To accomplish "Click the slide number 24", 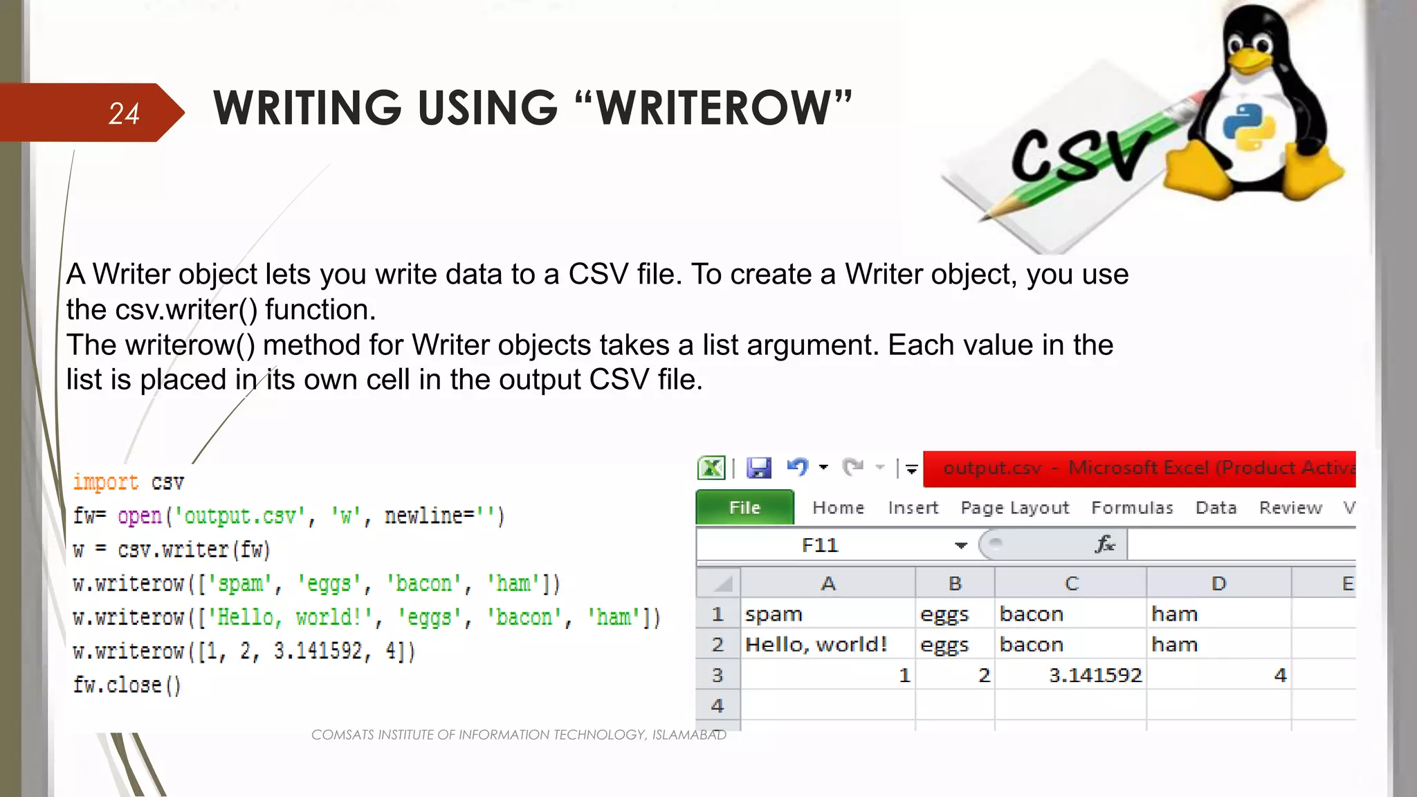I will (124, 113).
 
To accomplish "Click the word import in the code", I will (106, 482).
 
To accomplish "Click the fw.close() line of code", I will (127, 685).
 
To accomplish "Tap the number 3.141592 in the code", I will (318, 651).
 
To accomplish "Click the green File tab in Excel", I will (744, 508).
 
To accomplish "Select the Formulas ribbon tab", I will (1132, 508).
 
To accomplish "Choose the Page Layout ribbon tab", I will (1014, 508).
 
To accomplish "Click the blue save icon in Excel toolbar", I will (759, 468).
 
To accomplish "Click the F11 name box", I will (820, 545).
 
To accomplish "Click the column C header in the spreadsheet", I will (1071, 583).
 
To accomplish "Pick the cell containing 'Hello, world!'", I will (816, 645).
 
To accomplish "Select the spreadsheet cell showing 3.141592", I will (1095, 675).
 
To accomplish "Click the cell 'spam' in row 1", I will (774, 614).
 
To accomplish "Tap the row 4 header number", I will (717, 706).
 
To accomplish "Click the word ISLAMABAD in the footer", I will (689, 735).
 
